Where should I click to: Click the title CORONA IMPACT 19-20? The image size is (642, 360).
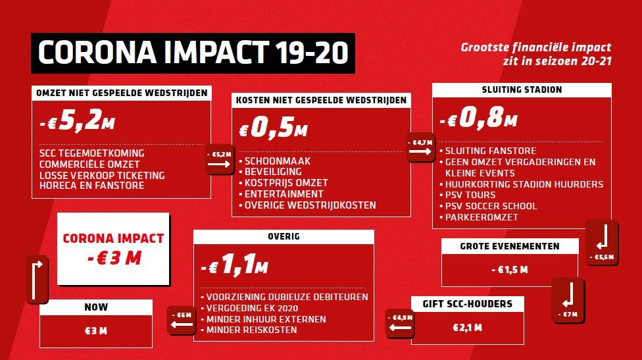193,53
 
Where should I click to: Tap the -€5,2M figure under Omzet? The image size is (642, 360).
77,121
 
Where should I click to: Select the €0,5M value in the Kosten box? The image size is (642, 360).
273,128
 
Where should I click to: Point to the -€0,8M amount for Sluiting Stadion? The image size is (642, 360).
478,118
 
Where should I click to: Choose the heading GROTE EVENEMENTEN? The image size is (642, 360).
509,246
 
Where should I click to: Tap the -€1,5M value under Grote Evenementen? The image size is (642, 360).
510,270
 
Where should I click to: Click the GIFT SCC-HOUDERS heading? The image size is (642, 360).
467,304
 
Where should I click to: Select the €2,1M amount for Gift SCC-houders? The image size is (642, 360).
467,328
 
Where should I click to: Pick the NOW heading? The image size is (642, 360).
96,307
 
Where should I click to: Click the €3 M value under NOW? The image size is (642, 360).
96,331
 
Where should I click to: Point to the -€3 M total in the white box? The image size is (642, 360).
114,258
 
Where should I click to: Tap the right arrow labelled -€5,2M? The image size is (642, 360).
218,165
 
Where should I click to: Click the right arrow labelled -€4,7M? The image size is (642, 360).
420,151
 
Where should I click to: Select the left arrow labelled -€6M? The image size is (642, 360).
182,324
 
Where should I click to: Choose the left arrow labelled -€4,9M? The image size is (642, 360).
400,328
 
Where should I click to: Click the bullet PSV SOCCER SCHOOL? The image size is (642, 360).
491,206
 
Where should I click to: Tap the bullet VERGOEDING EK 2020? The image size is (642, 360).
252,308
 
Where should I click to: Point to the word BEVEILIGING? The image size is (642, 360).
273,172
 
